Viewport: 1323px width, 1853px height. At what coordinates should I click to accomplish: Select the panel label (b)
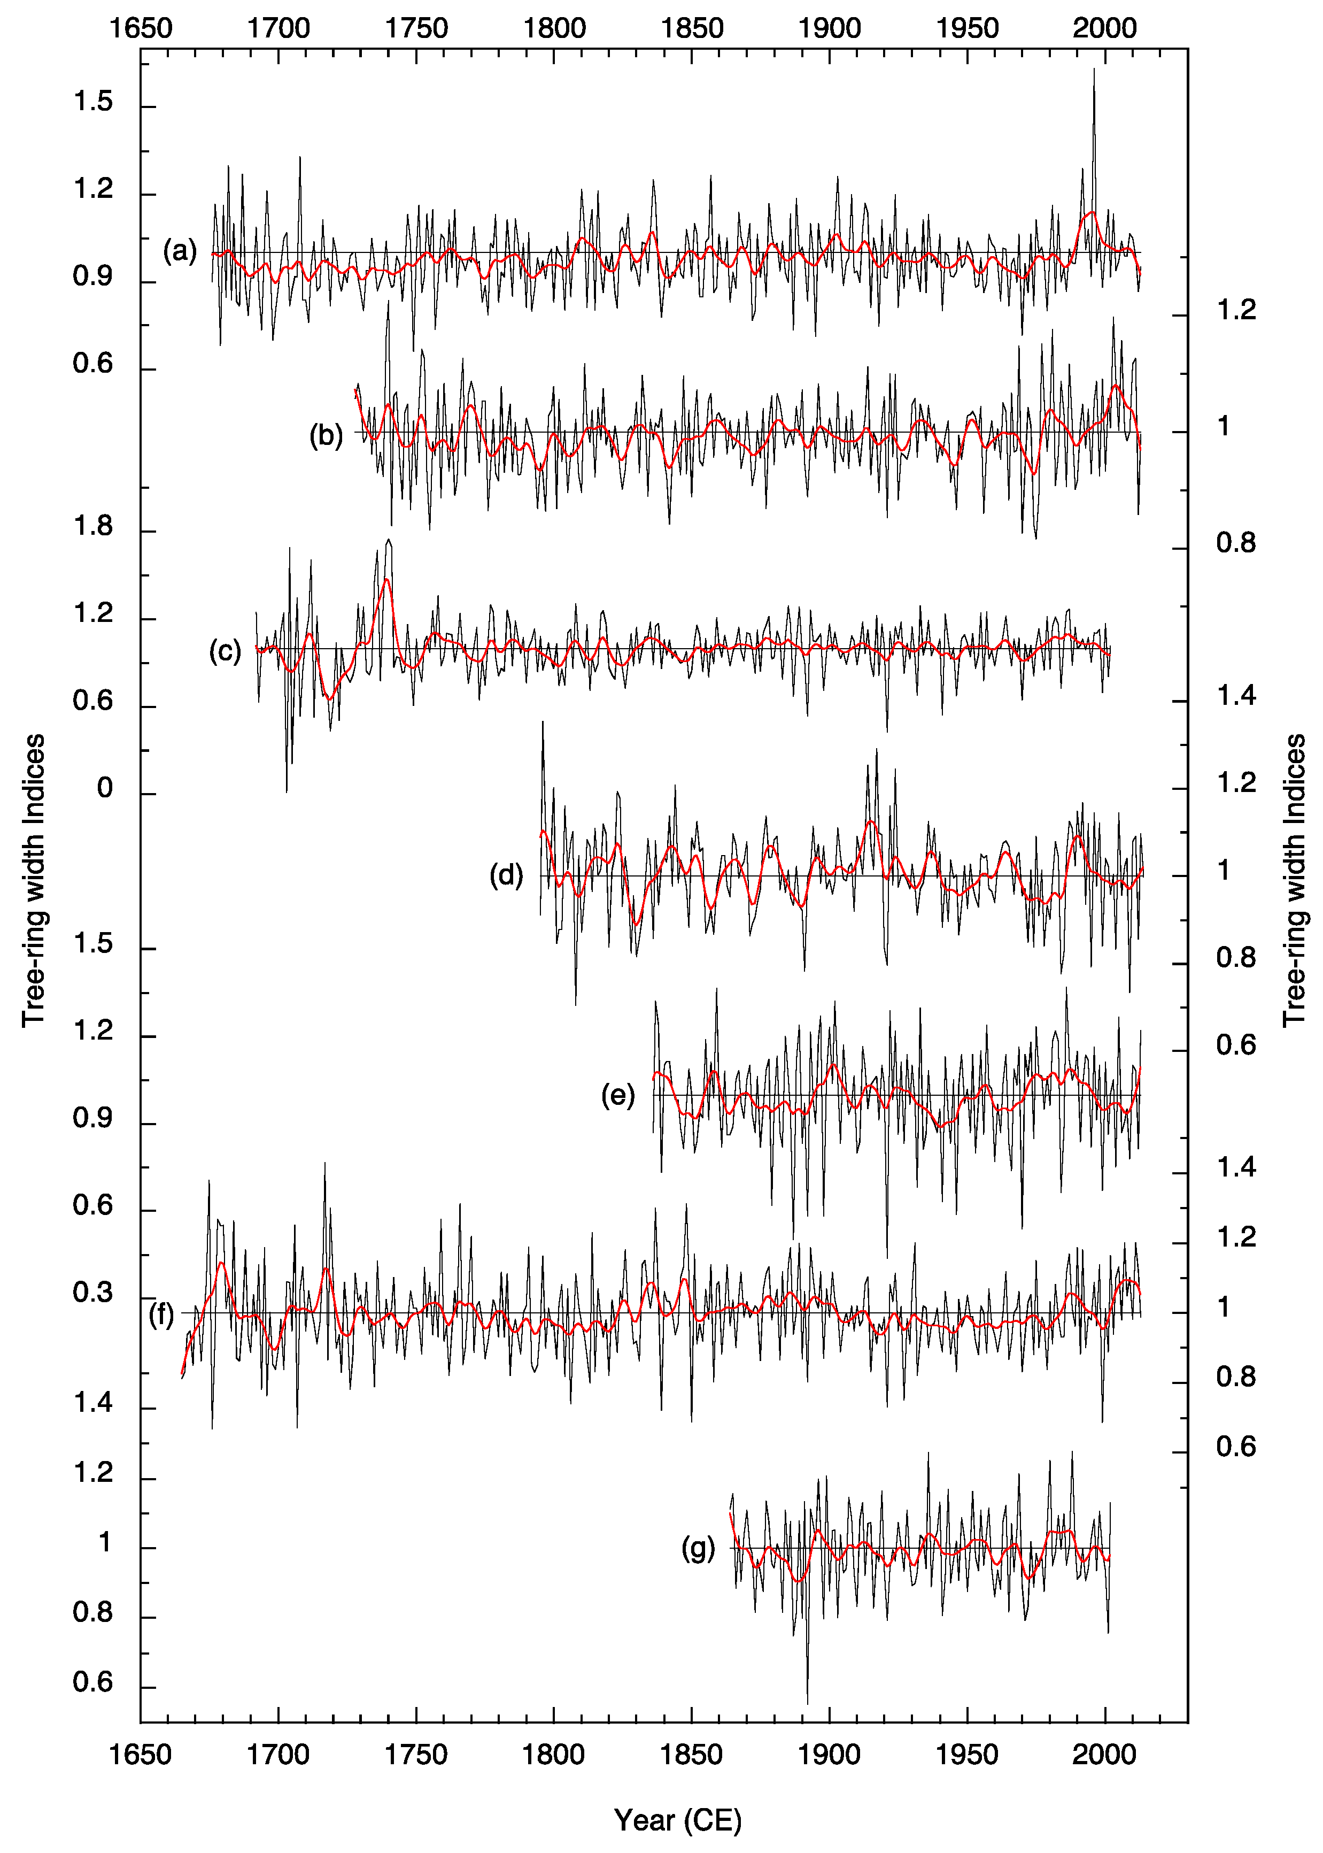[326, 436]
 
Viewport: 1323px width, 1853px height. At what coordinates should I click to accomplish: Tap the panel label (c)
[225, 651]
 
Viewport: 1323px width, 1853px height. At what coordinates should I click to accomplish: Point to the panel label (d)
[506, 875]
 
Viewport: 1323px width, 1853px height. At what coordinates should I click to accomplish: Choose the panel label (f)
[161, 1314]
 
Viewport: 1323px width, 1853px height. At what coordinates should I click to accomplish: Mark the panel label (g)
[698, 1548]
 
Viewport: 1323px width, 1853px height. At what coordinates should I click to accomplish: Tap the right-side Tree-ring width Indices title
[1294, 880]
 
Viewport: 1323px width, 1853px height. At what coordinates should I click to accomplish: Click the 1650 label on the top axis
[141, 28]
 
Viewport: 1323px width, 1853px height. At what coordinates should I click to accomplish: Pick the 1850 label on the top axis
[692, 28]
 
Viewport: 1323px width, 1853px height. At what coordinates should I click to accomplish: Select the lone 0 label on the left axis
[104, 789]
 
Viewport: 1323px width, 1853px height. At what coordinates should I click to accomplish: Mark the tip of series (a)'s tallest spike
[1093, 68]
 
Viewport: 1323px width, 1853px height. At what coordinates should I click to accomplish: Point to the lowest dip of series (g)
[807, 1704]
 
